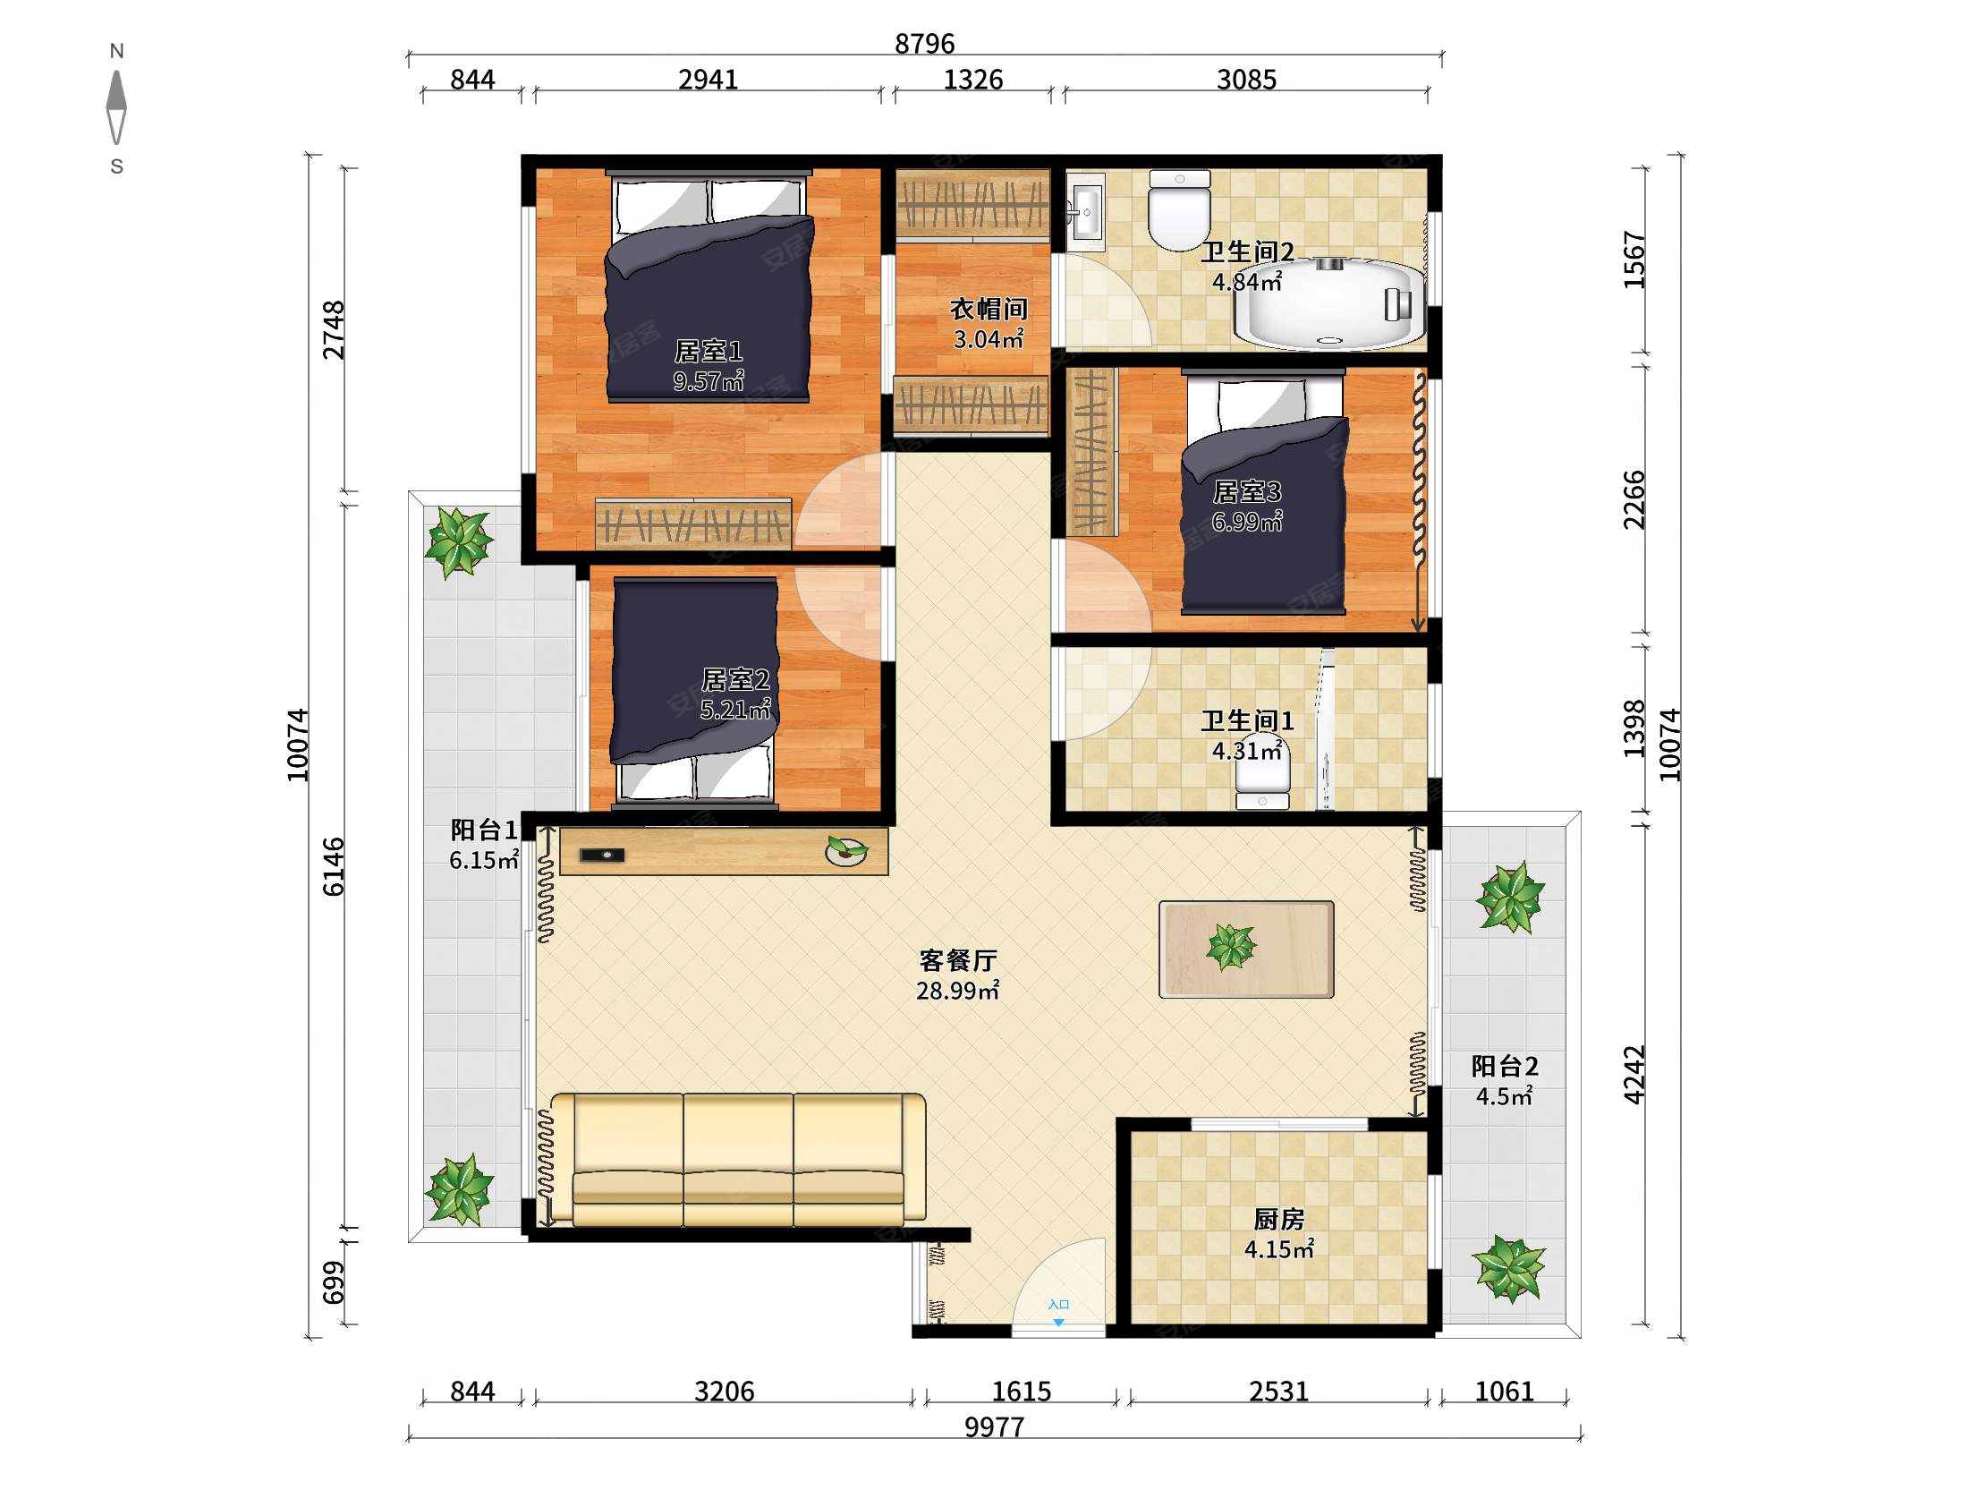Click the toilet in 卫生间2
(1180, 211)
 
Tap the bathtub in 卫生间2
(1329, 303)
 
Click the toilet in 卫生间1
(1262, 773)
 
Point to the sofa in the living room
(737, 1159)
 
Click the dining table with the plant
(1246, 949)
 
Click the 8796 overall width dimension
(924, 43)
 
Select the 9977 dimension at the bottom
(994, 1426)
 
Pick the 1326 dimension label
(972, 79)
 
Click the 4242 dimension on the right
(1635, 1074)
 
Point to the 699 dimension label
(333, 1282)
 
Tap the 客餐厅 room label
(958, 961)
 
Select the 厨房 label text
(1278, 1219)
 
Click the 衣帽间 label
(989, 309)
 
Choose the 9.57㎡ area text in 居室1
(709, 381)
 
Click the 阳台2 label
(1505, 1066)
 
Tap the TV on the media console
(602, 855)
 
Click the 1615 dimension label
(1021, 1392)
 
